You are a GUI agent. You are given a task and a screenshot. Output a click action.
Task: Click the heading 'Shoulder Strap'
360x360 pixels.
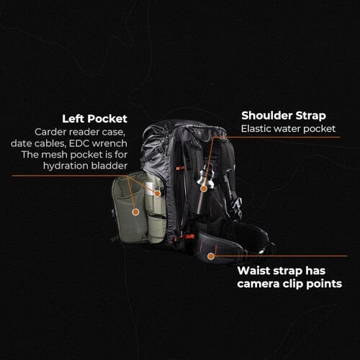coord(282,115)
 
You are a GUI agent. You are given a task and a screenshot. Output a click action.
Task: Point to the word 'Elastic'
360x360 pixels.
coord(258,130)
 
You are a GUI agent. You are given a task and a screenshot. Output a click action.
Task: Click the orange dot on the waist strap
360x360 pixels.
coord(211,256)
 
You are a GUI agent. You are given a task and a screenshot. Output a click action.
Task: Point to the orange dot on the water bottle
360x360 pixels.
coord(204,188)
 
